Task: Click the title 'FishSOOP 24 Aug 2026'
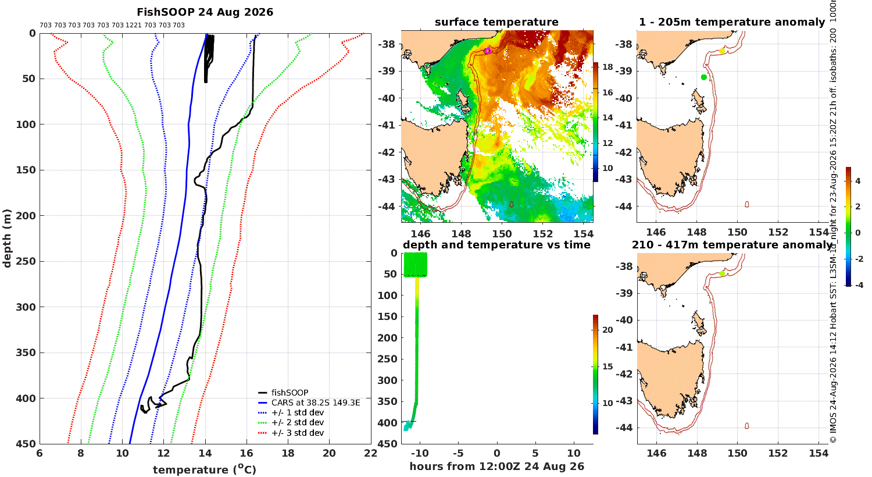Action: pos(205,12)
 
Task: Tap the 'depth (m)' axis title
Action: pos(7,238)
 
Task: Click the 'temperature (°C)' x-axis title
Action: pos(205,469)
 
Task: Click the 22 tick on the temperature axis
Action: pos(371,453)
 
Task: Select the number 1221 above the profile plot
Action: pos(133,25)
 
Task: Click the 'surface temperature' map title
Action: pos(496,22)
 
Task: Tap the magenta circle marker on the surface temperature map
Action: pos(487,51)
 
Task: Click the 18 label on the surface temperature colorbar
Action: pos(607,67)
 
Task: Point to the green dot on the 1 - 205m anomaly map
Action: pos(703,77)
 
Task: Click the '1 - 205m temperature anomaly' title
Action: pos(732,22)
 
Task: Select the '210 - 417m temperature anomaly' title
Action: pos(732,245)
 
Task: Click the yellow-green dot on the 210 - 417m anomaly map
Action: pos(722,274)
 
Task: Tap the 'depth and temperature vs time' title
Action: pos(496,245)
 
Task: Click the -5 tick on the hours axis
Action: pos(458,453)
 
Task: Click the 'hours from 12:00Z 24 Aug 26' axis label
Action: pos(496,467)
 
